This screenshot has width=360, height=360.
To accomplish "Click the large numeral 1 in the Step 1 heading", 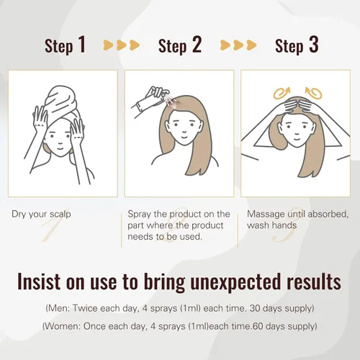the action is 82,44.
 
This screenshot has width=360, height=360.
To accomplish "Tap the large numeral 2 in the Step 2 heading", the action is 197,44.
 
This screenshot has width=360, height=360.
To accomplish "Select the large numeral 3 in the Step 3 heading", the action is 314,44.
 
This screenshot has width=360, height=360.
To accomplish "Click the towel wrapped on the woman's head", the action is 61,102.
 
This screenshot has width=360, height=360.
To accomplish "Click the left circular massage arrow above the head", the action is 282,93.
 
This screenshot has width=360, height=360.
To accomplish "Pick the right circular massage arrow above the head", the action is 313,93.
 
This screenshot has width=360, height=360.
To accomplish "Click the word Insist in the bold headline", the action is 39,281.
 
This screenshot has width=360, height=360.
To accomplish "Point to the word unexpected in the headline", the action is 235,282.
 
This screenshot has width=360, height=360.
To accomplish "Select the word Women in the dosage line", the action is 62,326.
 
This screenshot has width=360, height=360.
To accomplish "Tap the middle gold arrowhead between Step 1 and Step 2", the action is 121,45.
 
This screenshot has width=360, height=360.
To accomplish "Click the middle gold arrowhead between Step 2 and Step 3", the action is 238,45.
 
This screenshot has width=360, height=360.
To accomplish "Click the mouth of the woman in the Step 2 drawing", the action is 184,138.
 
